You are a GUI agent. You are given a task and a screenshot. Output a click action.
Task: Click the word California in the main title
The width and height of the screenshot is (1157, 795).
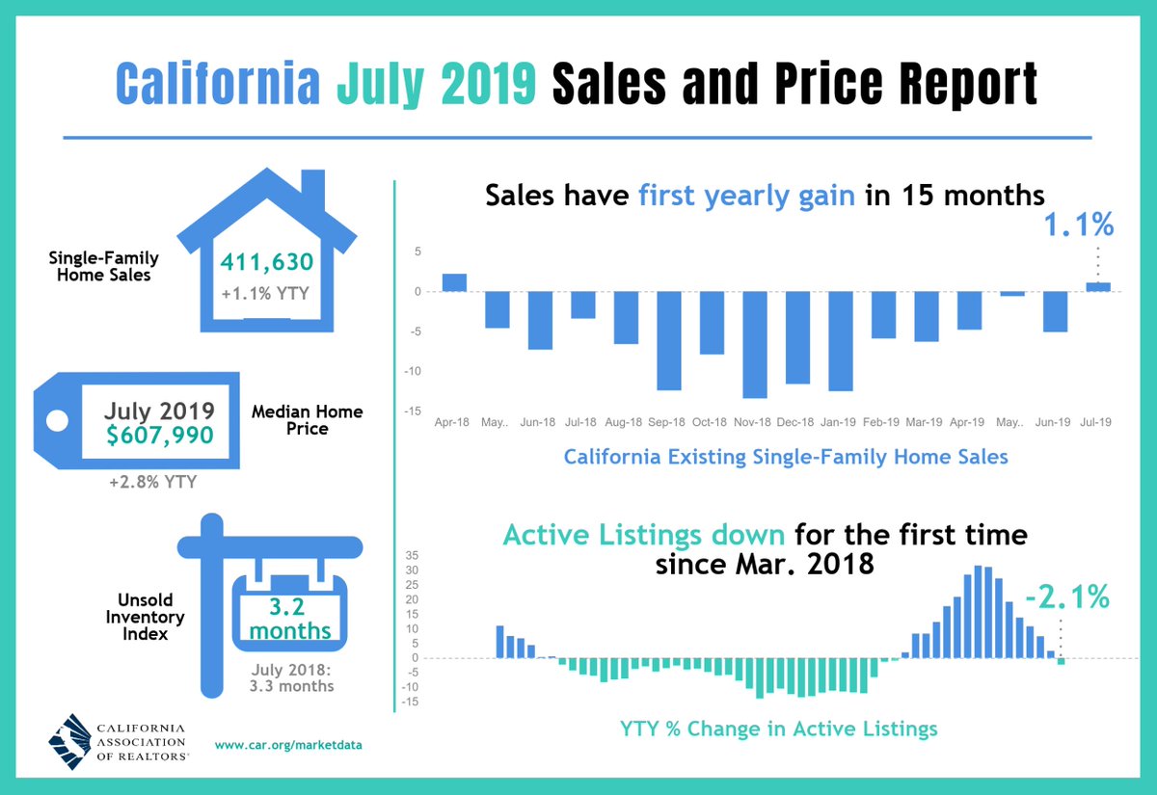pyautogui.click(x=218, y=84)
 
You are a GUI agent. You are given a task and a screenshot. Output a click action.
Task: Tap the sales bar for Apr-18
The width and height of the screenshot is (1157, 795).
pyautogui.click(x=454, y=282)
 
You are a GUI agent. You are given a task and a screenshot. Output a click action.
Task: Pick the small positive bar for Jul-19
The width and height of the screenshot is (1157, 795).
pyautogui.click(x=1098, y=286)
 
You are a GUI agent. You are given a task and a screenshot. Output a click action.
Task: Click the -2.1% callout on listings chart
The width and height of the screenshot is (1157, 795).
pyautogui.click(x=1066, y=597)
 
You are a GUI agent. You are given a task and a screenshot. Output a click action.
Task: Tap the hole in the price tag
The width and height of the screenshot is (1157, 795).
pyautogui.click(x=58, y=420)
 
